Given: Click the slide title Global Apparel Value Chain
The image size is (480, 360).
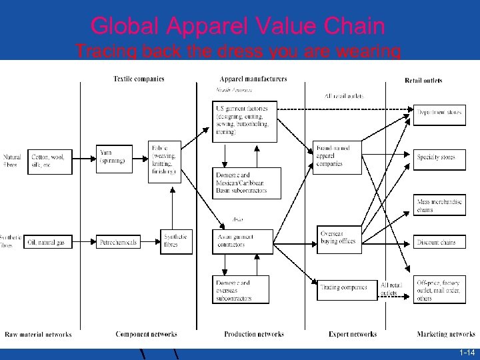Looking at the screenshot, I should click(238, 27).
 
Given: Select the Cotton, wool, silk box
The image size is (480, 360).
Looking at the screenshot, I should click(49, 160).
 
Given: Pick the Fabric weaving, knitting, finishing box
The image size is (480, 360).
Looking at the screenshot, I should click(164, 160).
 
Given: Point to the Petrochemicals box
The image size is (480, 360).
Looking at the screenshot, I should click(118, 243).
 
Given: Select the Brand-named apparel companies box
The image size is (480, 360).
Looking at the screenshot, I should click(337, 157).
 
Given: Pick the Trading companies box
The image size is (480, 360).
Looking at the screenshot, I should click(344, 288).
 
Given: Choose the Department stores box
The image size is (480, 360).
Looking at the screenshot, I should click(439, 113).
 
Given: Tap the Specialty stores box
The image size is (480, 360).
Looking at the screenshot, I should click(439, 157).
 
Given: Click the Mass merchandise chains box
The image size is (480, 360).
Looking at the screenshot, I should click(439, 205).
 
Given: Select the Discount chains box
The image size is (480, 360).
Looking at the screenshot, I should click(439, 243).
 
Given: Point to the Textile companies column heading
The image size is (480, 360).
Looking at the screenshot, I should click(139, 79).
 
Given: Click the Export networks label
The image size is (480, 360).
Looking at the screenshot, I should click(353, 334).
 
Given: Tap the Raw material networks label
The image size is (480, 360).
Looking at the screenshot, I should click(38, 334).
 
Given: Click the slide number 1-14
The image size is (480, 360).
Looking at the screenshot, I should click(467, 352).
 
